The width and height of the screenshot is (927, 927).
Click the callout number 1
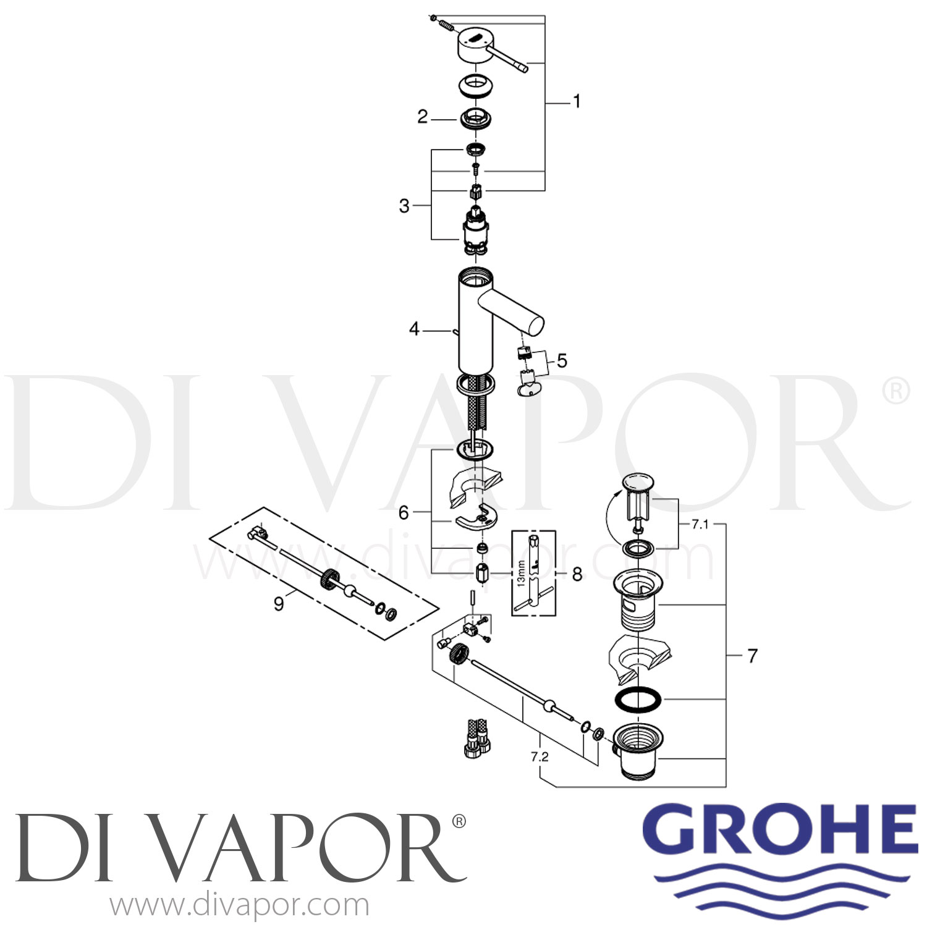pos(577,101)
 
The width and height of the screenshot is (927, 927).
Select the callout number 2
pos(422,117)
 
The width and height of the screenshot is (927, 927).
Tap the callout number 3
pos(404,205)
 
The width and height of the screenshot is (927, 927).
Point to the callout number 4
pos(414,329)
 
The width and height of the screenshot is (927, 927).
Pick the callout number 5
pos(561,360)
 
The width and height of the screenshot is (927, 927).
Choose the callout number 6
pos(404,512)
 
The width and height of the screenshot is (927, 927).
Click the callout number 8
pos(577,574)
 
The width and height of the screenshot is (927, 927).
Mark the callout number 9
pos(279,603)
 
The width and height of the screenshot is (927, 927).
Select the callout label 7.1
pos(700,525)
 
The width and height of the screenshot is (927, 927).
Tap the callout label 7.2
pos(539,756)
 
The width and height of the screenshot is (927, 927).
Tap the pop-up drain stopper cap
pos(640,481)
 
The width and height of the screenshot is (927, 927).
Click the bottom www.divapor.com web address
pos(240,906)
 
